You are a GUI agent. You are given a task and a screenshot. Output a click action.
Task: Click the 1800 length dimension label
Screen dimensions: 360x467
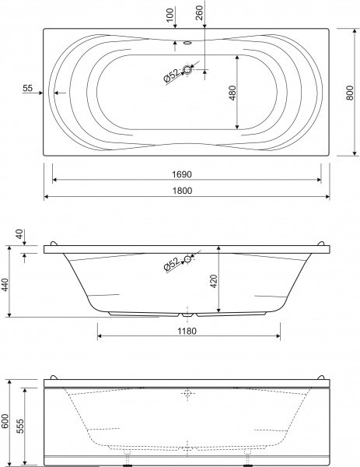point(183,191)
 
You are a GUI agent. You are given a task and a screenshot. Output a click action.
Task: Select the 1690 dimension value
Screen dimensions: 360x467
point(182,174)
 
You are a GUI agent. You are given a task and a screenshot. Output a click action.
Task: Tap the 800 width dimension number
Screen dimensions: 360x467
point(350,93)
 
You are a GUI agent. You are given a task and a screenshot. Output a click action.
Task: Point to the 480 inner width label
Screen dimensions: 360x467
point(232,93)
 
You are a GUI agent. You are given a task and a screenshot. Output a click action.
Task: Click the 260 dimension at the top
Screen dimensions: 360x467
point(200,12)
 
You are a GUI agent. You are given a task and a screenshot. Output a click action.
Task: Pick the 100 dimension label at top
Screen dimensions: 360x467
point(170,15)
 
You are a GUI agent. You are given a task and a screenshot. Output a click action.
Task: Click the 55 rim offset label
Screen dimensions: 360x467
point(27,88)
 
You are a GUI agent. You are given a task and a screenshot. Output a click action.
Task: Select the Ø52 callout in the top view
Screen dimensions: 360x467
point(172,75)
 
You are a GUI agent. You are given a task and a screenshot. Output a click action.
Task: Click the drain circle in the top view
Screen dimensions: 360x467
point(187,70)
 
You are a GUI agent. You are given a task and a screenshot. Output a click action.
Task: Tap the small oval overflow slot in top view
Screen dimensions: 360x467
point(187,43)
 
